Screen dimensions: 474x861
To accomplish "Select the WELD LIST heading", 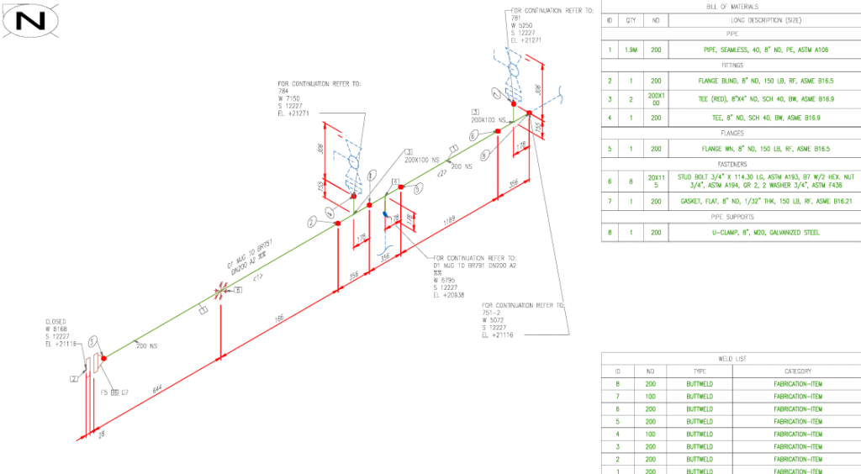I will pos(730,358).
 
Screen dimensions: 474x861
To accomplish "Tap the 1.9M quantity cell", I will pos(631,50).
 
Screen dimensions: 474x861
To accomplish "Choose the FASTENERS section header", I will pos(730,164).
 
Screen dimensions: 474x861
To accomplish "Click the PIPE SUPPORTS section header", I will pos(730,217).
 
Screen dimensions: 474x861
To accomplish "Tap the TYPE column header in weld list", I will pos(699,371).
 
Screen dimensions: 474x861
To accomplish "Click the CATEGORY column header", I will pos(797,371).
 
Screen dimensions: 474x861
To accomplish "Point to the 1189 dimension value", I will pos(451,219).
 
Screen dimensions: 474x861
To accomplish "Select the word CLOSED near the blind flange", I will pos(56,321).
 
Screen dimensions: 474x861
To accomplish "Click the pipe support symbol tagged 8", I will pos(221,292).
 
